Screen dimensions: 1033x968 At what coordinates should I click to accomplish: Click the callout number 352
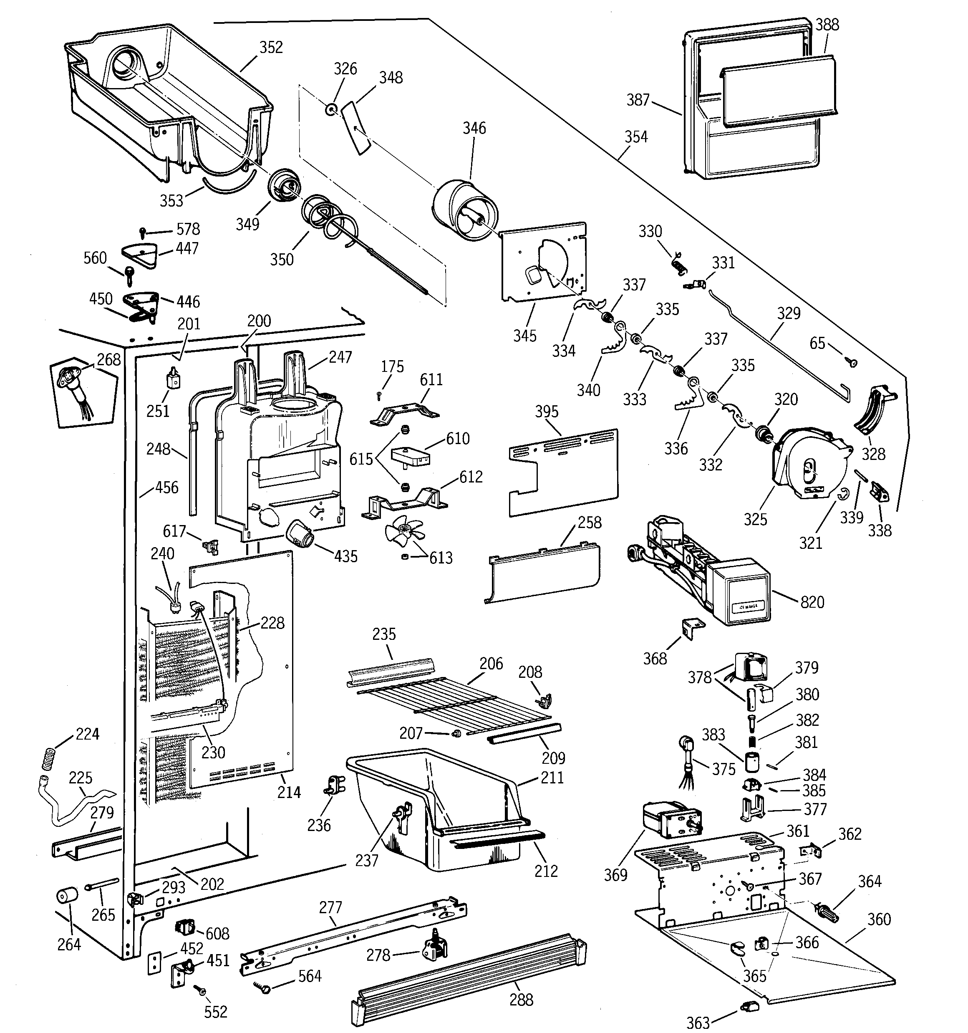271,47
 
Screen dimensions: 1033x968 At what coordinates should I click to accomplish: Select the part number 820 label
812,602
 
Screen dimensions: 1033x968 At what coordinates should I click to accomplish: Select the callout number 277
330,907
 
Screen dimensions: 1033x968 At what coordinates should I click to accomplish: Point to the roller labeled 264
66,897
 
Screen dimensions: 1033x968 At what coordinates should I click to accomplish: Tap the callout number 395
547,412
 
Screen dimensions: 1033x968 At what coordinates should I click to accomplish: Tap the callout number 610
457,439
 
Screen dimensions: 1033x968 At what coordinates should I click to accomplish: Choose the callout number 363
698,1023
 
